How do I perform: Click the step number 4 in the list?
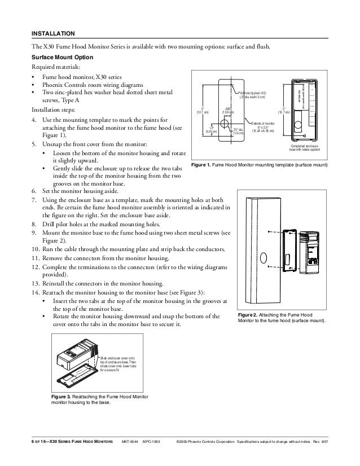click(x=34, y=120)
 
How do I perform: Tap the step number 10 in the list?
click(x=35, y=249)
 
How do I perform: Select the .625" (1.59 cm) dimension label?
click(x=229, y=111)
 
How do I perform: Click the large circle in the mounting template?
click(x=224, y=122)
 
